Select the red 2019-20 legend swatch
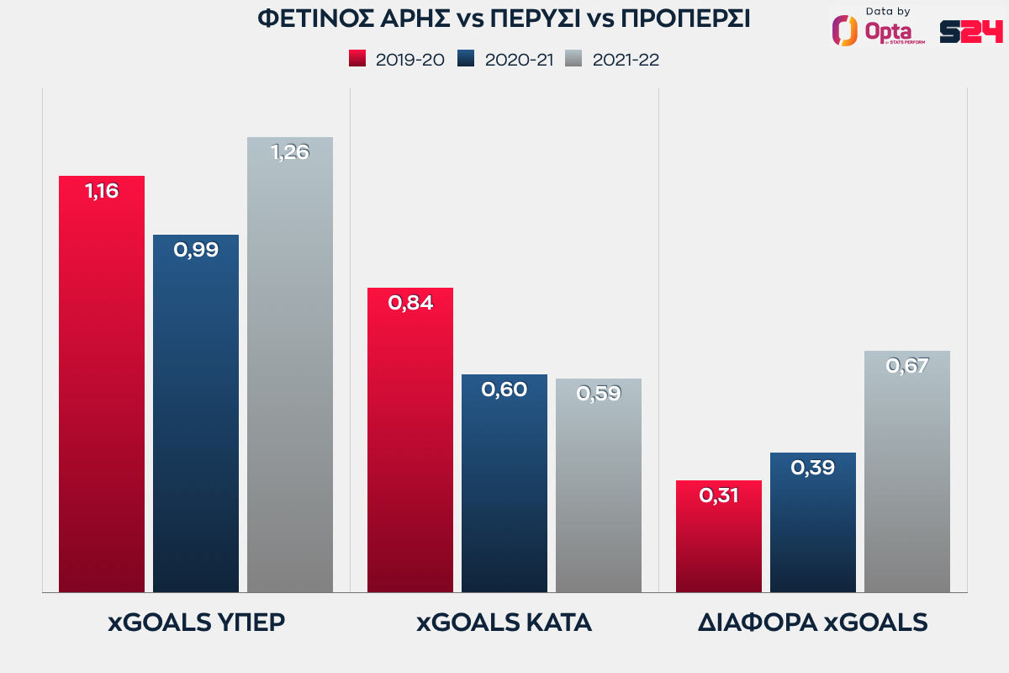click(357, 59)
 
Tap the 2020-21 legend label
click(519, 60)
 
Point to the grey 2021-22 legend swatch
click(574, 59)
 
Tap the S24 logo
click(970, 31)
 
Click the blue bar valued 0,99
click(196, 413)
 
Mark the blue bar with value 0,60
click(504, 483)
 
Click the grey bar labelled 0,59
click(599, 485)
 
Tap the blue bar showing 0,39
click(813, 522)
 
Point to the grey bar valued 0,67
click(907, 471)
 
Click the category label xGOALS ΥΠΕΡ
click(196, 623)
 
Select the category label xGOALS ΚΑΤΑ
click(504, 623)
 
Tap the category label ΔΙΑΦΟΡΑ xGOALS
click(812, 623)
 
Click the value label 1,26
click(290, 152)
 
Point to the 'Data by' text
click(887, 11)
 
